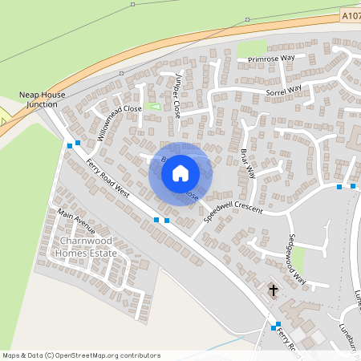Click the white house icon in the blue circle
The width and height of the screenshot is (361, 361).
tap(180, 172)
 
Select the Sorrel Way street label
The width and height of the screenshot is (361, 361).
tap(282, 91)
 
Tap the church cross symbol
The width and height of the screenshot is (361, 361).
tap(273, 290)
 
